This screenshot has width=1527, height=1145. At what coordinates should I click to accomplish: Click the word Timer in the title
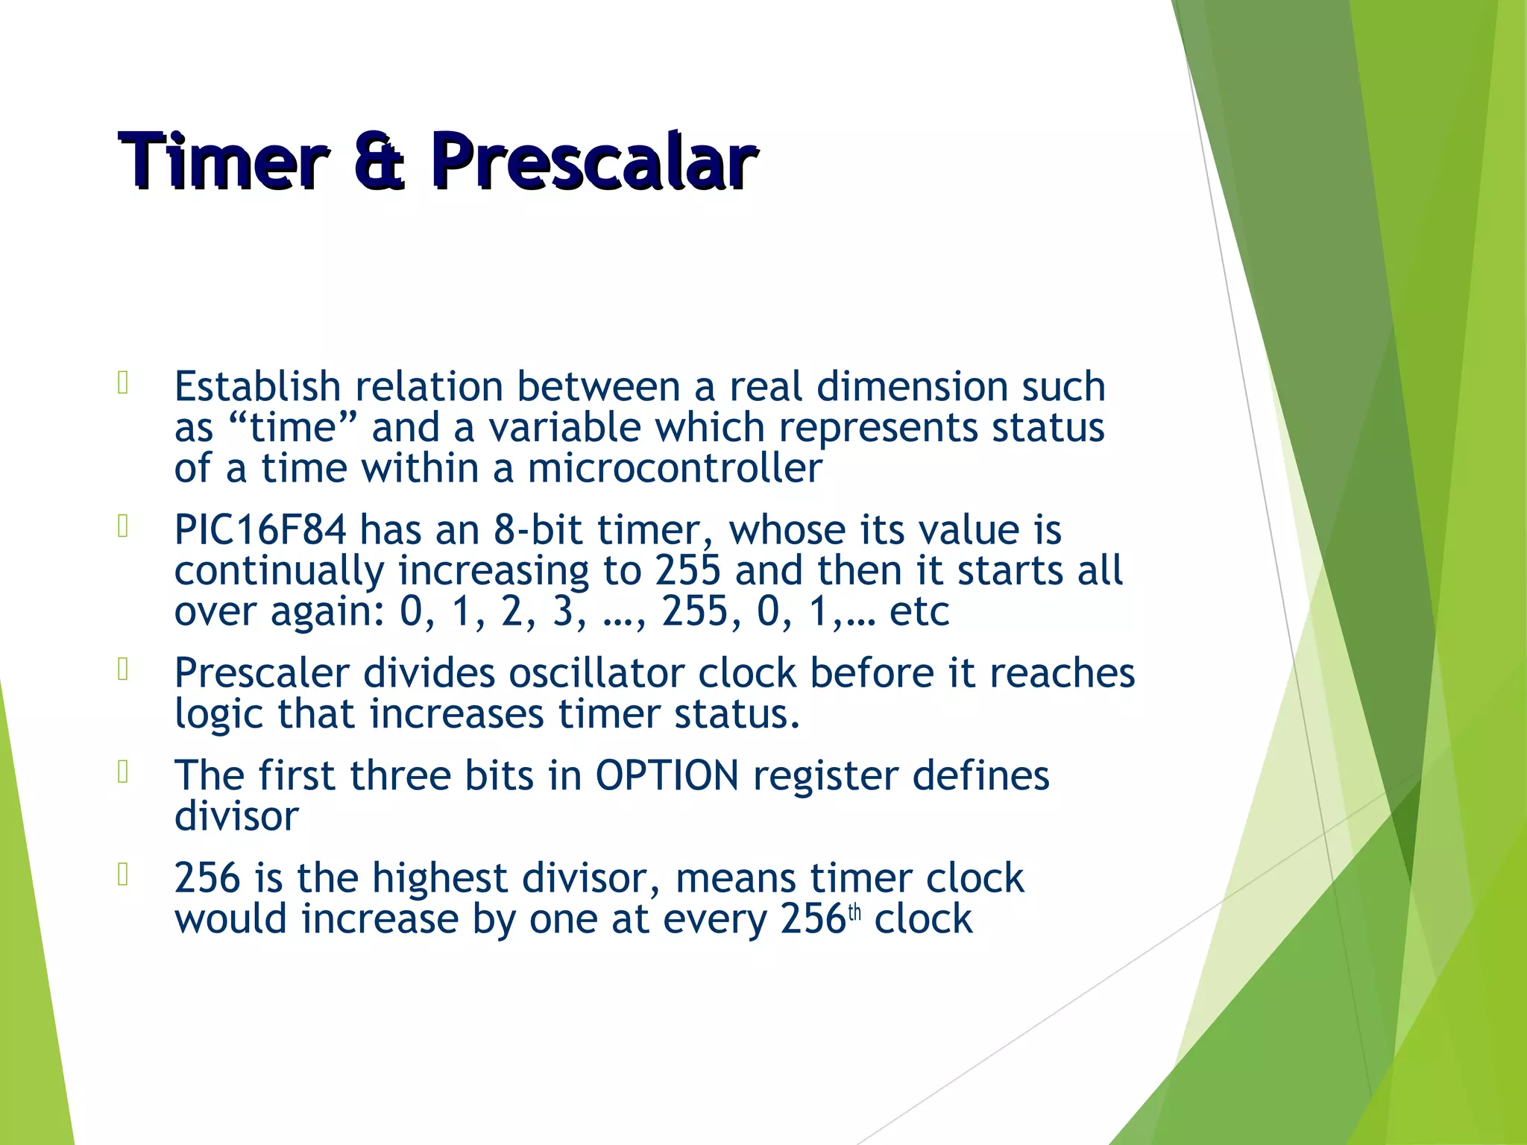click(x=222, y=161)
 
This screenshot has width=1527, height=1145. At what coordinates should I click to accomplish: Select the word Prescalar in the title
click(x=594, y=161)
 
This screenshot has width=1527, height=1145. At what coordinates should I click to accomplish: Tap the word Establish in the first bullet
click(x=257, y=387)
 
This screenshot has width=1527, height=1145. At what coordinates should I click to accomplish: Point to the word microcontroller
click(x=675, y=469)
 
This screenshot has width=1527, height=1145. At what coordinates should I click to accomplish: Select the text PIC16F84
click(x=260, y=530)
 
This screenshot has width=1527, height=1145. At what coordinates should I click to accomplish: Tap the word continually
click(x=279, y=571)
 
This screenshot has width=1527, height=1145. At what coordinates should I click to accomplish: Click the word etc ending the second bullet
click(x=919, y=612)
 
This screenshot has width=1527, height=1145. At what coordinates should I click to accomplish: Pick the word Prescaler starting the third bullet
click(x=261, y=673)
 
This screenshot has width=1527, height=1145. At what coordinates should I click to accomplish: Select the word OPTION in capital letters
click(x=667, y=775)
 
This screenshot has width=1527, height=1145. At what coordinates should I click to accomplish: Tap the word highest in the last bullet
click(x=440, y=877)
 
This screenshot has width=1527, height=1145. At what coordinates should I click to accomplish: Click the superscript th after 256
click(x=854, y=912)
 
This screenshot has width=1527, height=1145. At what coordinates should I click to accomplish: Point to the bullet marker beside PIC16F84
click(x=124, y=527)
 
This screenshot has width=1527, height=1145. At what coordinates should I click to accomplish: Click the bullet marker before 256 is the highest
click(x=124, y=874)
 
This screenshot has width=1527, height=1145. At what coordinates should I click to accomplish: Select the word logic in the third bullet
click(x=218, y=715)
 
